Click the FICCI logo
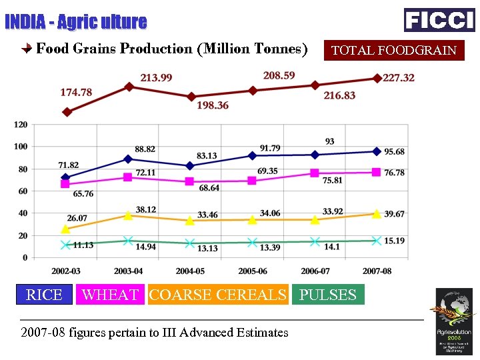439,19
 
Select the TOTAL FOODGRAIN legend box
394,50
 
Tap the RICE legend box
44,295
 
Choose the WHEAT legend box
110,295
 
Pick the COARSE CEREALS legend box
218,295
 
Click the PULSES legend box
328,295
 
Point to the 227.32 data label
399,78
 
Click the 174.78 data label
76,92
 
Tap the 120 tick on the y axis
21,125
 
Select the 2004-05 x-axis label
190,271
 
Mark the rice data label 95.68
395,152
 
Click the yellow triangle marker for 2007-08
377,213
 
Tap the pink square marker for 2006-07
315,173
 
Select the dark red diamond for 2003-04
129,87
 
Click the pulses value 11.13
83,245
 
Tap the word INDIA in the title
25,22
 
